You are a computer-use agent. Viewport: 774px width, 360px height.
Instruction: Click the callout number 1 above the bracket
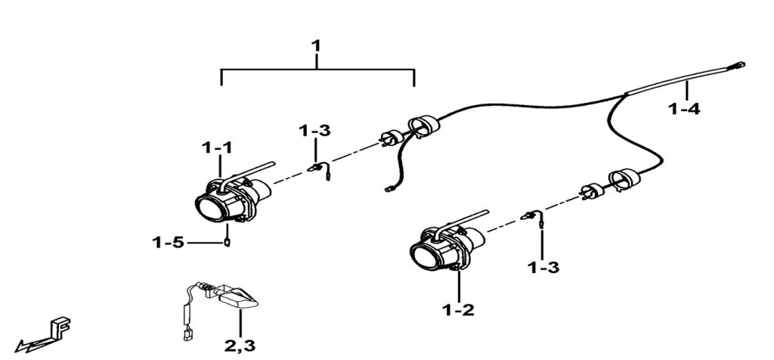[316, 46]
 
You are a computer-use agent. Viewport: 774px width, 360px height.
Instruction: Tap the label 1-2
[459, 309]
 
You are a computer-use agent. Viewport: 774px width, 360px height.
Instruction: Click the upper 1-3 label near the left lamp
[314, 131]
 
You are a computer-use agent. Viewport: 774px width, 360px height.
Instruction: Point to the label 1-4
[685, 109]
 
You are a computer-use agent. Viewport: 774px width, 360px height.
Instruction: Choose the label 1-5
[168, 243]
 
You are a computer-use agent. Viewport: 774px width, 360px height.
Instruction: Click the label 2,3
[240, 346]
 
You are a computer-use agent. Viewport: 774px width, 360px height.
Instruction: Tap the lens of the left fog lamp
[209, 209]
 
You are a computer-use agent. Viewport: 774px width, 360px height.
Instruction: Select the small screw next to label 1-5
[226, 243]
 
